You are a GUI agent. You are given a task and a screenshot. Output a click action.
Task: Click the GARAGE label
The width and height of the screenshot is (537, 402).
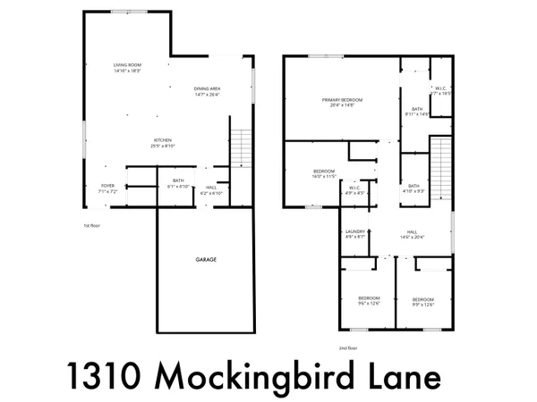coord(207,259)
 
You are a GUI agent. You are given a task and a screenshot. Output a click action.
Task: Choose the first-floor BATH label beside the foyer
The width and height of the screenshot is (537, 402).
coord(178,183)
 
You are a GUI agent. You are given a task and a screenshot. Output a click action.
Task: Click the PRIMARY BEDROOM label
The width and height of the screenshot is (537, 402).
coord(339,101)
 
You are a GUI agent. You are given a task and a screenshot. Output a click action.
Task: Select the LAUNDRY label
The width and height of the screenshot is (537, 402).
coord(355,233)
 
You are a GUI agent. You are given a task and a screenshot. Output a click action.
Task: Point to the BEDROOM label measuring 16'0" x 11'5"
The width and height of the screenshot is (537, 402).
coord(324,173)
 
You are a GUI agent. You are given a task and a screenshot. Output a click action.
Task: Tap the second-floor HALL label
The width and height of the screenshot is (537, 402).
coord(412,233)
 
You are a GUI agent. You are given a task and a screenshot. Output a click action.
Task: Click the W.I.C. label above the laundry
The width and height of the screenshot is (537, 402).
coord(355,189)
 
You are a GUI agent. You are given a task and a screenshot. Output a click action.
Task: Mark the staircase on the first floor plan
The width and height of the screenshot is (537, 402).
coord(239,148)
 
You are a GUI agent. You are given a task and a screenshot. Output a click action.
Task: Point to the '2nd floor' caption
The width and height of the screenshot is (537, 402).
coord(347,348)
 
